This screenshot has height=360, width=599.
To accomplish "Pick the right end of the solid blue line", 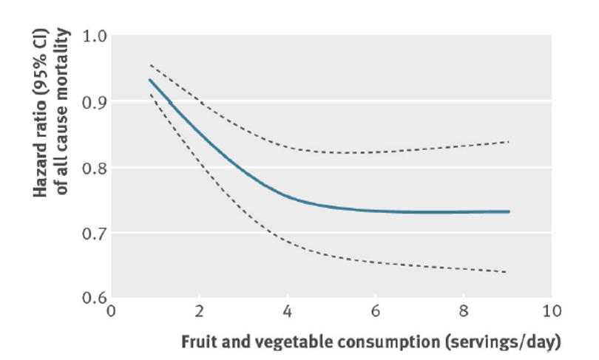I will (509, 211).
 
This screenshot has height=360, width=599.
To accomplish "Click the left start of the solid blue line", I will (149, 80).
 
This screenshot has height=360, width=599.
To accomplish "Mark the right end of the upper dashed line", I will (509, 141).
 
